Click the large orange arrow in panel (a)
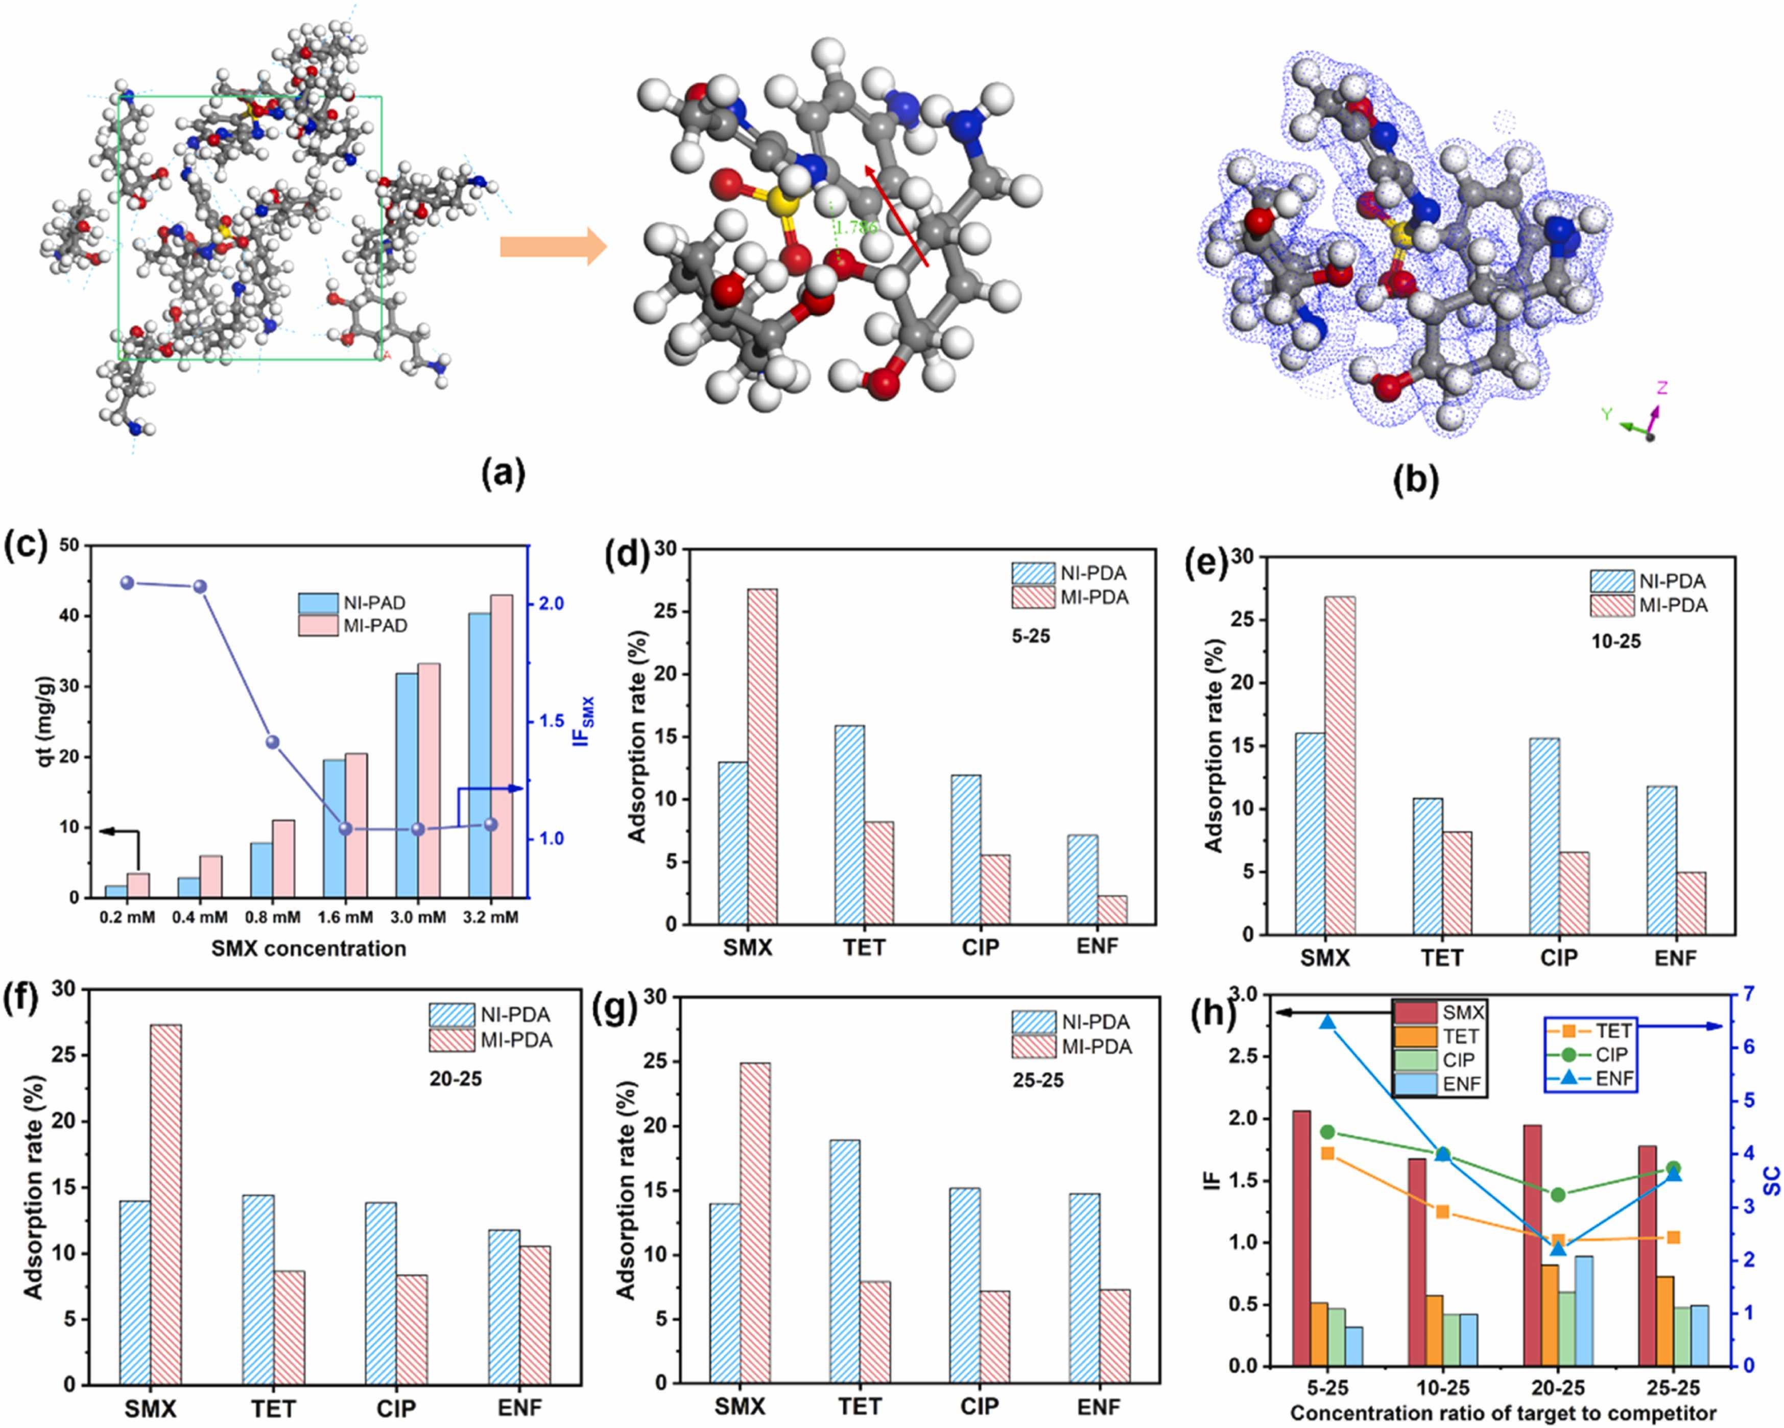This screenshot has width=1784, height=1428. click(x=553, y=247)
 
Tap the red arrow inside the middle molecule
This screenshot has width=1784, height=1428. click(x=896, y=215)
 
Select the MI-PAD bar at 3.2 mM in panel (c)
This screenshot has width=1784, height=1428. click(x=502, y=745)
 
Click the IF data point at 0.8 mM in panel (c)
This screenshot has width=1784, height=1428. click(x=272, y=742)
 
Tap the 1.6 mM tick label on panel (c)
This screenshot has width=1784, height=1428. click(x=345, y=917)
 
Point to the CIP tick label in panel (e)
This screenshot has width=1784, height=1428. click(x=1559, y=957)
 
